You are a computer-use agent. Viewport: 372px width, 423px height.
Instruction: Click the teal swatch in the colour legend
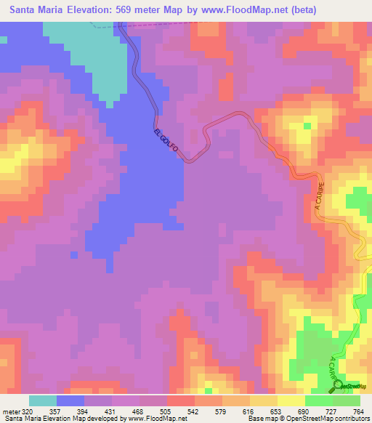coord(43,400)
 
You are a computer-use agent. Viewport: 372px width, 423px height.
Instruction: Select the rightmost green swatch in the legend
coord(347,400)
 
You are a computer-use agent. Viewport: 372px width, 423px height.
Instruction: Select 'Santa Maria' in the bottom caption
coord(21,419)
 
